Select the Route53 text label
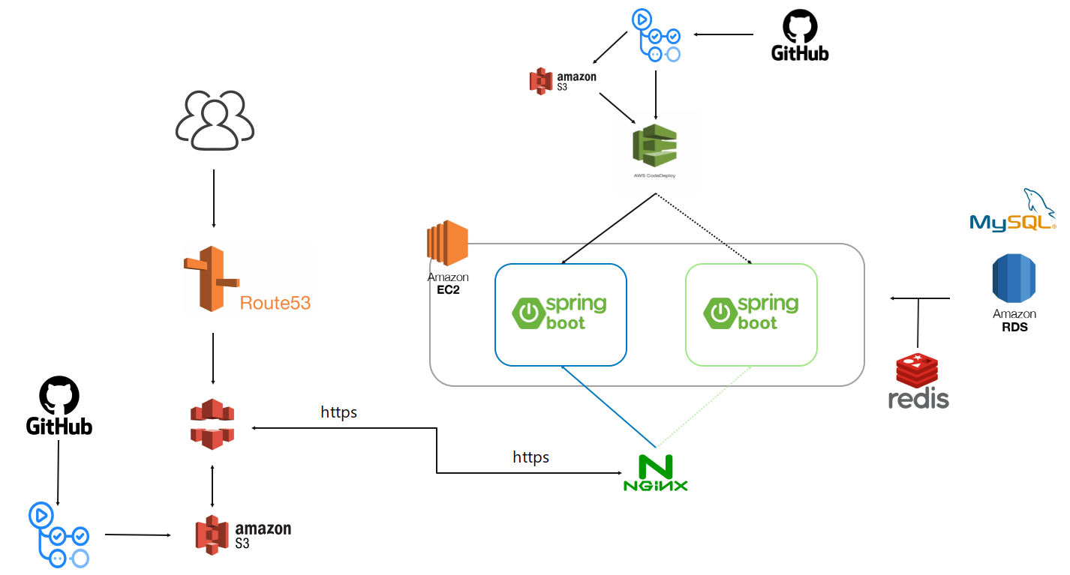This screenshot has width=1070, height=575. pos(275,303)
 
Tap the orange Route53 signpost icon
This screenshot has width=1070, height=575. pos(209,278)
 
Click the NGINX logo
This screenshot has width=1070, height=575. pos(655,473)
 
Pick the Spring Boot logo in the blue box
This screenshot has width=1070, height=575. pos(559,313)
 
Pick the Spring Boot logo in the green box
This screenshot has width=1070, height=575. pos(750,313)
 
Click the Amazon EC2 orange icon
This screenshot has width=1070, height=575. pos(447,244)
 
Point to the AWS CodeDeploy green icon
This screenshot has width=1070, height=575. pos(655,145)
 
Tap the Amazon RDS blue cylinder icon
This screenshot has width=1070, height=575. pos(1014,278)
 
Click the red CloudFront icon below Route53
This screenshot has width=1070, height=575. pos(212,424)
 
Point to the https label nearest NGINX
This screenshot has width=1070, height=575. pos(530,457)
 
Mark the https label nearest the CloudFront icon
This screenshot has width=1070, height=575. pos(338,412)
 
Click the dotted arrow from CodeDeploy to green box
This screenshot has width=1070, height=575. pos(705,229)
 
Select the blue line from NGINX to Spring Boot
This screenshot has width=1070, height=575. pos(608,404)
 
